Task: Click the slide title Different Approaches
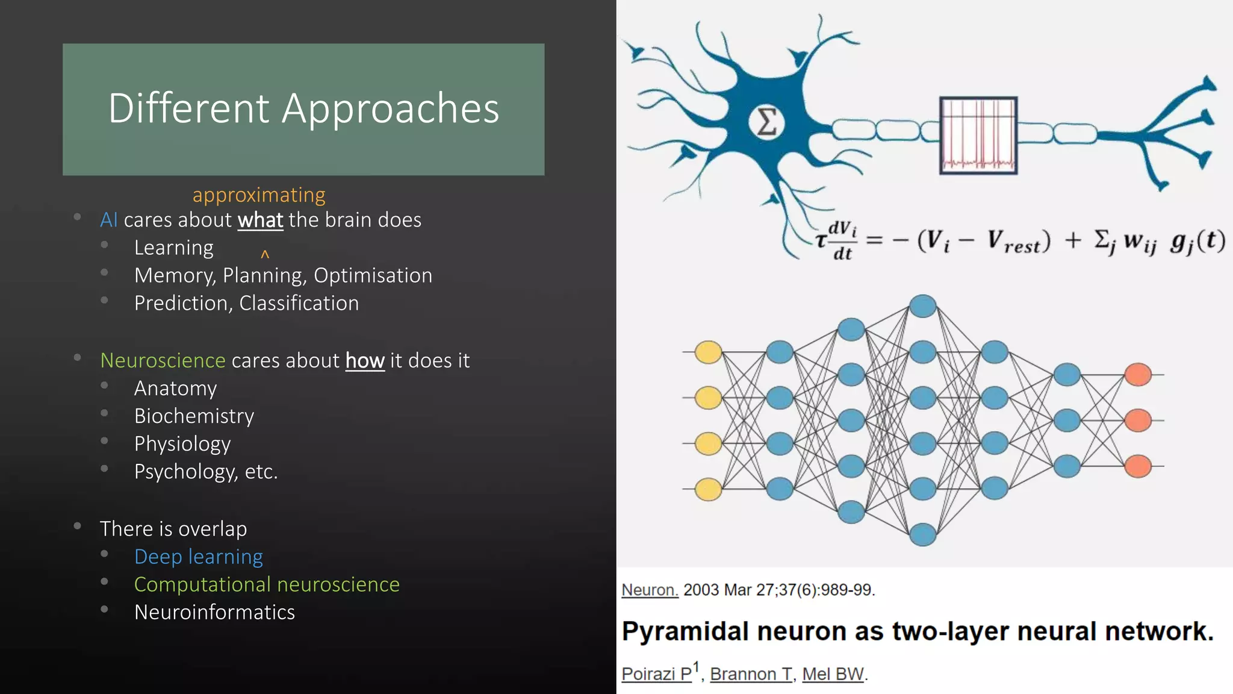303,109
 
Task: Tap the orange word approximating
259,195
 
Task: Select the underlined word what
260,220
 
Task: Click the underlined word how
365,361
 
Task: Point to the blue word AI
109,220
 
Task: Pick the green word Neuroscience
163,361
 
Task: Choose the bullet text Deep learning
198,557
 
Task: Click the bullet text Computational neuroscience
267,584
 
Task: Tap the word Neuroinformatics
214,612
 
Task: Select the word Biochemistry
194,416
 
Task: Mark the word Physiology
182,444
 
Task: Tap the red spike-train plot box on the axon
978,136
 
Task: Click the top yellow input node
708,352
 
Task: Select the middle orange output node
1138,420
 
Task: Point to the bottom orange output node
1138,466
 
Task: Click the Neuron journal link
650,590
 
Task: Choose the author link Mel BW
833,674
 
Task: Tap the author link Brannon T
751,674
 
